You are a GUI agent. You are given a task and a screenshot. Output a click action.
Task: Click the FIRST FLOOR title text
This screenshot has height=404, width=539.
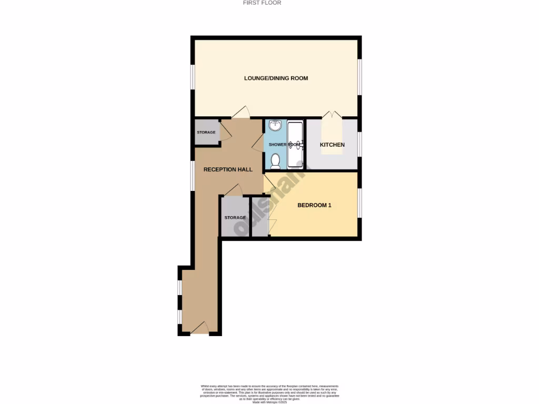tap(262, 3)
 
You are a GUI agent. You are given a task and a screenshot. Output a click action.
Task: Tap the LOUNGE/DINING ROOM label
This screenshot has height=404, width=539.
tap(276, 78)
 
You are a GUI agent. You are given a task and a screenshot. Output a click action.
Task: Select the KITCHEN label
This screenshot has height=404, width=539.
tap(333, 145)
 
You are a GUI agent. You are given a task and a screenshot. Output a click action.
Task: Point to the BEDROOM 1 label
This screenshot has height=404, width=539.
tap(314, 205)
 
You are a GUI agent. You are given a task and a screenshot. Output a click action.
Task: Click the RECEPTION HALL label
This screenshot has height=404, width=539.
tap(228, 169)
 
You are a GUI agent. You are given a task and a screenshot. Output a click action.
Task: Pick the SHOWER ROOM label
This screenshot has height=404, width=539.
tap(284, 145)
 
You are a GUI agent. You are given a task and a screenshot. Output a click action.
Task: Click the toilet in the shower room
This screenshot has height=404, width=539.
tap(275, 161)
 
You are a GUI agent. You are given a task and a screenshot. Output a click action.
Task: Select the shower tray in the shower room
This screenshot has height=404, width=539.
tap(295, 145)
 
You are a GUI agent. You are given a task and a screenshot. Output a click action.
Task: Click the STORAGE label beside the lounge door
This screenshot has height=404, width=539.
tap(206, 132)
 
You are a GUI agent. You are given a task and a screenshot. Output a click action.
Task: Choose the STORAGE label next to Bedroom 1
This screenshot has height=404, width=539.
tap(235, 217)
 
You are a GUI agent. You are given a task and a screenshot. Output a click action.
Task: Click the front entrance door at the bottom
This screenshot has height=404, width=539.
tap(199, 329)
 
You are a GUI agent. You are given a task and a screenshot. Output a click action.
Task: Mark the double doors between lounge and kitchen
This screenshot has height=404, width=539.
tap(332, 114)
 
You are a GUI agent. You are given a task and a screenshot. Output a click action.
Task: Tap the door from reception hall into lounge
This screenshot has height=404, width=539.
tap(241, 113)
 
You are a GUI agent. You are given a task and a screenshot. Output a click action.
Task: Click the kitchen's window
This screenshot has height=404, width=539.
tap(360, 145)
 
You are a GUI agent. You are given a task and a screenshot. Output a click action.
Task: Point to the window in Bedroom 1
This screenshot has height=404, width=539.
tap(360, 203)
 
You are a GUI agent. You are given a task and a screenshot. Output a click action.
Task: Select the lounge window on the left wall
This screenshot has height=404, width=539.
tap(193, 78)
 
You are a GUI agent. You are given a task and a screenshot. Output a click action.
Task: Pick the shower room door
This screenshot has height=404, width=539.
tap(258, 142)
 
